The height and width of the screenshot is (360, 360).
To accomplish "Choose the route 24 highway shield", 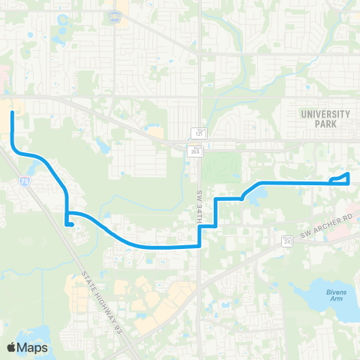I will click(x=286, y=241).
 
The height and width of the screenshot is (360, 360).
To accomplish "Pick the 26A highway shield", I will click(x=193, y=151).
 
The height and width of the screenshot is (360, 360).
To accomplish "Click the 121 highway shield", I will click(x=201, y=133).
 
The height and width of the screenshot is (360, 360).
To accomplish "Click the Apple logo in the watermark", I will click(x=11, y=347).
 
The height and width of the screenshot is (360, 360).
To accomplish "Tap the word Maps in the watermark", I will click(x=33, y=347).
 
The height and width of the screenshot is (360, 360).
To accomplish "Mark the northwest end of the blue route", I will click(x=13, y=113).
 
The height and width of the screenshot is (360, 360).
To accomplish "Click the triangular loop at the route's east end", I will click(x=341, y=178).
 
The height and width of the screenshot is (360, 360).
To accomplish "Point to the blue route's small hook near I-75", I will click(x=68, y=221).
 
